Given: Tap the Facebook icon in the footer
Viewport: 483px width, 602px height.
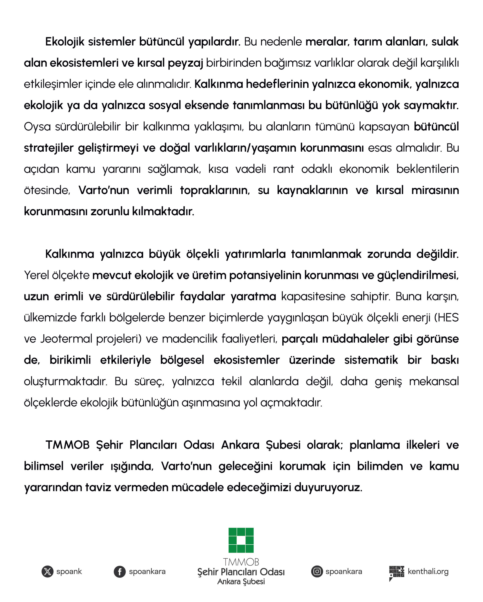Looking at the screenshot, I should coord(120,572).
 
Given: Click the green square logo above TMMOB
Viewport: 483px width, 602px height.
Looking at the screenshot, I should coord(241,540).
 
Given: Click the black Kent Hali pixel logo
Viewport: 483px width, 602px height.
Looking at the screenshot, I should coord(397,573).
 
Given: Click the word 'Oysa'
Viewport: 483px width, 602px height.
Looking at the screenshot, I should coord(37,127).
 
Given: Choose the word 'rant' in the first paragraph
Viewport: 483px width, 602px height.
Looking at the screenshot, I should coord(283,169).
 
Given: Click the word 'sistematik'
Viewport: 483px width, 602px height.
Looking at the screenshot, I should coord(371,360).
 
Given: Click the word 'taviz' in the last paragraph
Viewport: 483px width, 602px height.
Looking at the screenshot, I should coord(98,487).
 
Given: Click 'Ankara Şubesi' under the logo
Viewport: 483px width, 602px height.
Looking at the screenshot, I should coord(241,582).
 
